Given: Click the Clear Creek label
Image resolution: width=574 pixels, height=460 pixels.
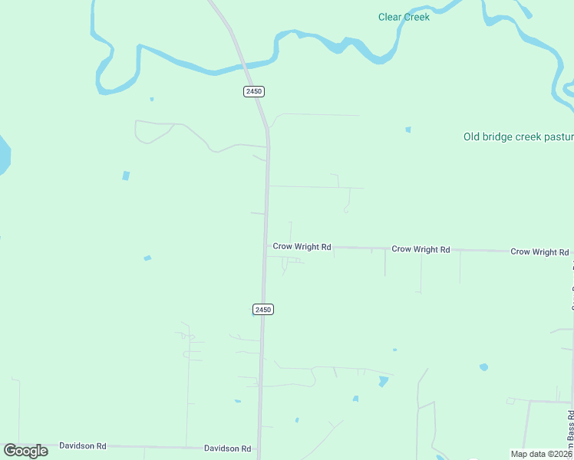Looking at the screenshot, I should (404, 17).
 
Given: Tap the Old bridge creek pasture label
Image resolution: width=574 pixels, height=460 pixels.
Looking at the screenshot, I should (518, 137).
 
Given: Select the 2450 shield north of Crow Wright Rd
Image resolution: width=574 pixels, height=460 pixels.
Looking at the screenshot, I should (254, 91).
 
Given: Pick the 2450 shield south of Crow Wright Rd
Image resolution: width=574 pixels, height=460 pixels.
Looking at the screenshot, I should (263, 309).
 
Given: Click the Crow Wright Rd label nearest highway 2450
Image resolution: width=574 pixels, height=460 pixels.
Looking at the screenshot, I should (302, 247).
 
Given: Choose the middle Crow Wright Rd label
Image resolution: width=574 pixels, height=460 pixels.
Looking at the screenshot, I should (421, 249).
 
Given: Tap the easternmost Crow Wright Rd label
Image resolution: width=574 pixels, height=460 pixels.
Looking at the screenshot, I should (540, 251).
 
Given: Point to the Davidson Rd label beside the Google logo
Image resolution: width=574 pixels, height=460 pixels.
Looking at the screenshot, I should (82, 445).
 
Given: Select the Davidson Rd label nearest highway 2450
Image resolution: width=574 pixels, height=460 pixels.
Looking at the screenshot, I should (227, 449).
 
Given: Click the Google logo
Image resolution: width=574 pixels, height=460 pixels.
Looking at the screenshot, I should (26, 451).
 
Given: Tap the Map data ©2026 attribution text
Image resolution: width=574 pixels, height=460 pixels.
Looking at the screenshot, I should (541, 454).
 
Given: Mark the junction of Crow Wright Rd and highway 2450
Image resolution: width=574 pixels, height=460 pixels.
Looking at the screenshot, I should (266, 247).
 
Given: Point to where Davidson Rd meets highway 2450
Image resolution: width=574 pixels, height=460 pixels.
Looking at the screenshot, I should (259, 449).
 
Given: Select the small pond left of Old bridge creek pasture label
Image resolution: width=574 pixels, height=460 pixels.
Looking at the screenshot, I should (408, 130).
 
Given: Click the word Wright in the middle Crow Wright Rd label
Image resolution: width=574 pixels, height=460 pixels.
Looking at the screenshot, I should (426, 249).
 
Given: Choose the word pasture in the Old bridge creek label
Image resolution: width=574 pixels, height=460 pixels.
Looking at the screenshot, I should (556, 137).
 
